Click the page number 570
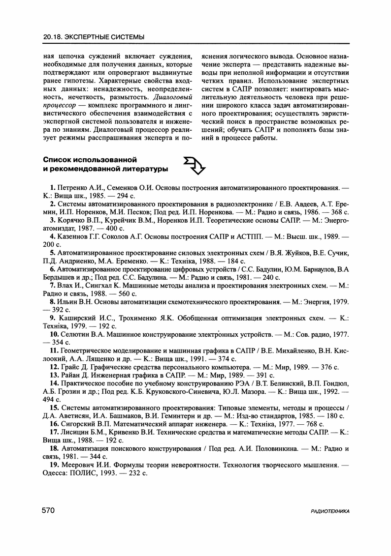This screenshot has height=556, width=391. [x=48, y=511]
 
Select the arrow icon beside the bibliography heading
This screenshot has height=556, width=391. [x=193, y=166]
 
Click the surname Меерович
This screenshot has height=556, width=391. [x=76, y=465]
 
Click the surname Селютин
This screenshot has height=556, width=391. [x=76, y=335]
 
